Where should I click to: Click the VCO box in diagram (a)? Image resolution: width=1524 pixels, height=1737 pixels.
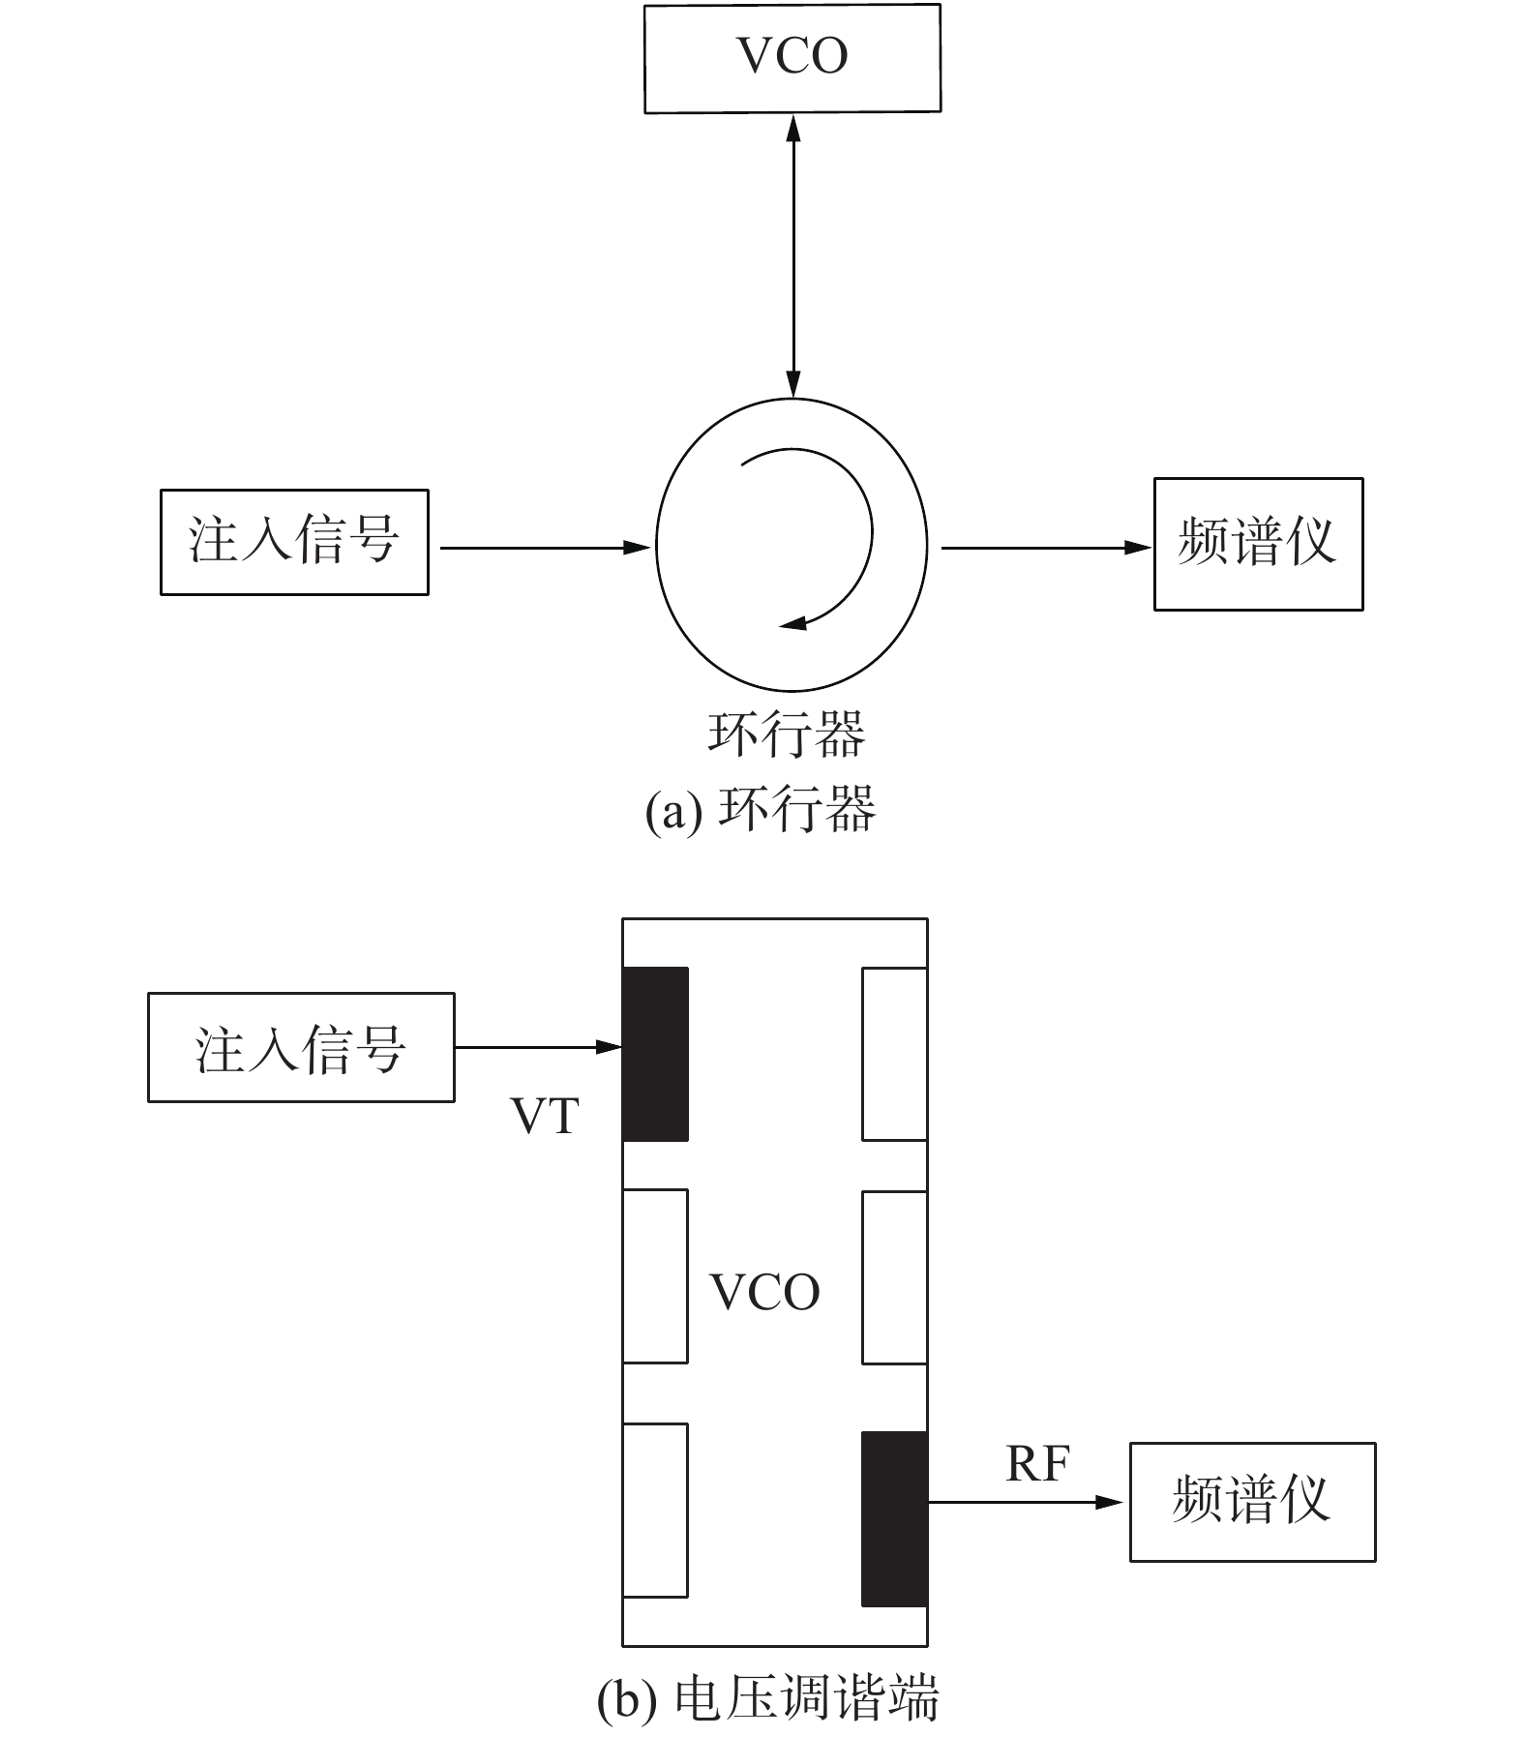pyautogui.click(x=792, y=58)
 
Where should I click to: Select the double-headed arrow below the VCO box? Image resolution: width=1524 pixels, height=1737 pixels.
pyautogui.click(x=793, y=256)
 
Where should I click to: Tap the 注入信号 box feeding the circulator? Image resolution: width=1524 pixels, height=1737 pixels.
pyautogui.click(x=294, y=542)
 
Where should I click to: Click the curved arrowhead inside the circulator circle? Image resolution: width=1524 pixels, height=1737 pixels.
pyautogui.click(x=792, y=623)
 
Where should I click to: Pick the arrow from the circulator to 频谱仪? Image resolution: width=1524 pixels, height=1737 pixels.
pyautogui.click(x=1045, y=548)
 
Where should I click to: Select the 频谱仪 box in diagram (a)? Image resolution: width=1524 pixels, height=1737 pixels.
pyautogui.click(x=1258, y=544)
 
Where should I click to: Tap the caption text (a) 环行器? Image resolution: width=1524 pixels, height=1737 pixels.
pyautogui.click(x=761, y=809)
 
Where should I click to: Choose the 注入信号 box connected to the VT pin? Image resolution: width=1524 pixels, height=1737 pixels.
pyautogui.click(x=301, y=1047)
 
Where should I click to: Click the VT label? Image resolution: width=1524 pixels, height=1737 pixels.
pyautogui.click(x=545, y=1116)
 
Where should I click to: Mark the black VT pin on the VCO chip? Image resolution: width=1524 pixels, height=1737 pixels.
pyautogui.click(x=655, y=1054)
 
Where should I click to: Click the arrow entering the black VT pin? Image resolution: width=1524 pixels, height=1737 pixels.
pyautogui.click(x=538, y=1047)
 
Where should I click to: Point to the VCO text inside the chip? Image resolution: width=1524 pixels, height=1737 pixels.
pyautogui.click(x=764, y=1292)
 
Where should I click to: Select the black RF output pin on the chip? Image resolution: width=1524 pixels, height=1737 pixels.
pyautogui.click(x=894, y=1519)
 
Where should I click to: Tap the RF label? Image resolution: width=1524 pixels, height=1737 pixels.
pyautogui.click(x=1037, y=1464)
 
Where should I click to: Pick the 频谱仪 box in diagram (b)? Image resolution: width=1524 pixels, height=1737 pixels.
pyautogui.click(x=1252, y=1503)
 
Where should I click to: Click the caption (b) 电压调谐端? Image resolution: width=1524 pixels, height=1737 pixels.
pyautogui.click(x=767, y=1700)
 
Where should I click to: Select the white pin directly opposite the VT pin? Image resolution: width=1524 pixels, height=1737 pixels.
pyautogui.click(x=894, y=1054)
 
